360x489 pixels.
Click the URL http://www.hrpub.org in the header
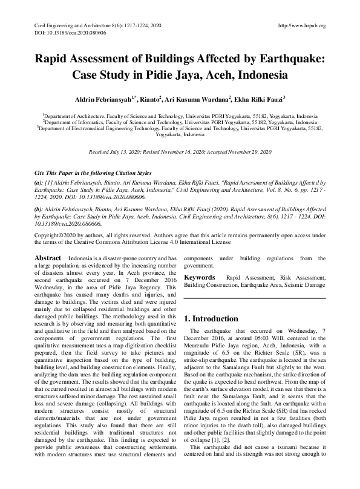[300, 25]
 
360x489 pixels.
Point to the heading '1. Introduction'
[211, 318]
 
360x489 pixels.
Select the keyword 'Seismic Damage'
[306, 284]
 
